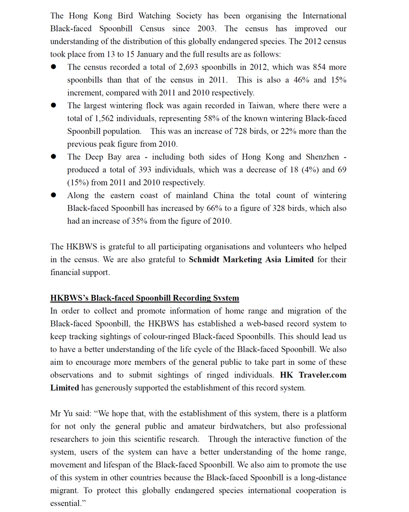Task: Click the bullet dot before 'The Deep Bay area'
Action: (x=54, y=157)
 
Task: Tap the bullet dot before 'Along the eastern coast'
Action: (x=54, y=195)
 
